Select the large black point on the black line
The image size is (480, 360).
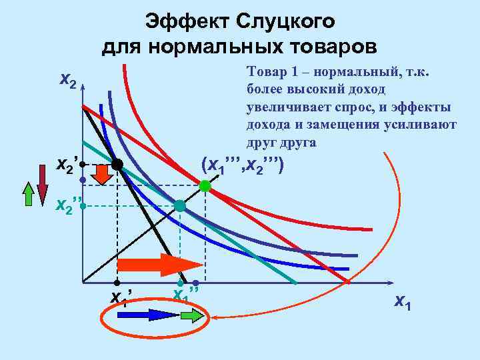coord(117,164)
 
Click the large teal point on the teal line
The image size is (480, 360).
coord(180,206)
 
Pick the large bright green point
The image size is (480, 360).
coord(205,186)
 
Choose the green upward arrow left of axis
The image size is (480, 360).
coord(28,195)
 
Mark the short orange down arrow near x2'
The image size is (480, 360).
coord(103,174)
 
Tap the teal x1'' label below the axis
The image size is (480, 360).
coord(186,294)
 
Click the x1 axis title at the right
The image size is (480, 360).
coord(403,301)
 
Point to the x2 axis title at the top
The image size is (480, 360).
coord(68,81)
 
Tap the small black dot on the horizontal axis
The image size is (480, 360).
coord(116,283)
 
